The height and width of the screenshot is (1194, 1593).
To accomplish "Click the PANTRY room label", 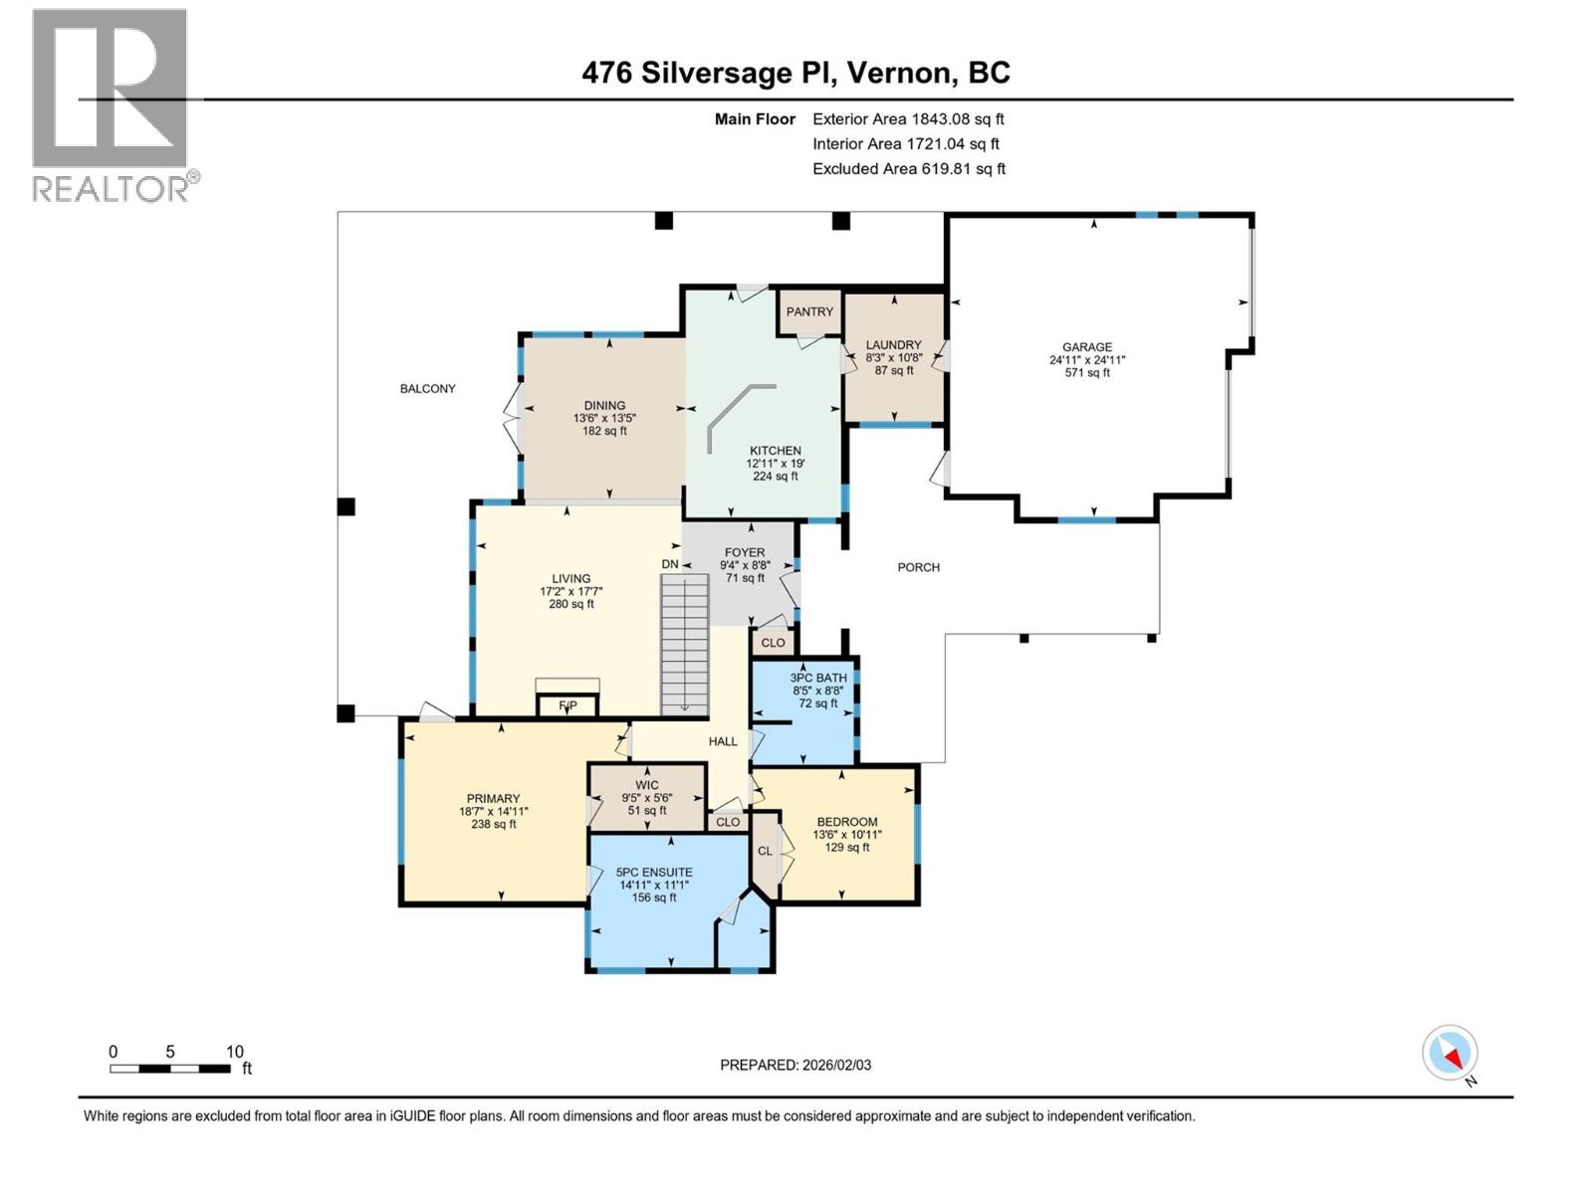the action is coord(809,311).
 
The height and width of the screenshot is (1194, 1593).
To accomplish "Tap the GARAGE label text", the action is coord(1087,347).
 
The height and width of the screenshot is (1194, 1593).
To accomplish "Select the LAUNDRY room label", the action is coord(893,345).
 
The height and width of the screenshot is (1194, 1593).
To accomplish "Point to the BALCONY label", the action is coord(427,389).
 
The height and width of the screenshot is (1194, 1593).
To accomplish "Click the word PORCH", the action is coord(918,567).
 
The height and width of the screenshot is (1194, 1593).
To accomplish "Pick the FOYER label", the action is coord(745,552).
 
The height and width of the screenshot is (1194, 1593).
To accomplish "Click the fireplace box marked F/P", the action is coord(568,705).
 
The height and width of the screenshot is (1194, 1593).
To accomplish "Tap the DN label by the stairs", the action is coord(670,564).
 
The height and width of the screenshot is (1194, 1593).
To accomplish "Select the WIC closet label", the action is coord(646,785).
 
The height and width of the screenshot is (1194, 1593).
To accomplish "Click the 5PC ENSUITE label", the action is coord(654,873).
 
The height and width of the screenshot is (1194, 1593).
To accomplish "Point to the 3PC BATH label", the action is coord(818,678).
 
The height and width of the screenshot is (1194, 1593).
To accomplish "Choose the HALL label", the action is coord(723,741).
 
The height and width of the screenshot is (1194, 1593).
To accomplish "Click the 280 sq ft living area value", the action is coord(571,604).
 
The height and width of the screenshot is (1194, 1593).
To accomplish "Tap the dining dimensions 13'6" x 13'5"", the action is coord(604,418).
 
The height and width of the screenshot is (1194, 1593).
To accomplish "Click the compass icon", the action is coord(1450,1052).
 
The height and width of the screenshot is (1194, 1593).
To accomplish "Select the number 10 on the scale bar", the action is coord(234,1052).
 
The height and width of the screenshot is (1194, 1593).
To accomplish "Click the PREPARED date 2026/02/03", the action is coord(836,1065).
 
